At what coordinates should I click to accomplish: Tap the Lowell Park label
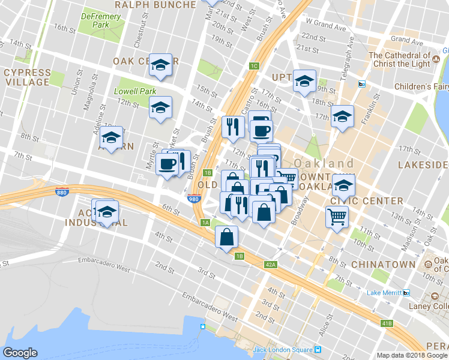click(135, 92)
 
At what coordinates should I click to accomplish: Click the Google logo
click(20, 353)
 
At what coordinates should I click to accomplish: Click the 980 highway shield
click(193, 199)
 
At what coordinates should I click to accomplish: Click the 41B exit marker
click(387, 323)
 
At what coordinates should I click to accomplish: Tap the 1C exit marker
click(254, 66)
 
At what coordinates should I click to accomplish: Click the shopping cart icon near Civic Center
click(337, 216)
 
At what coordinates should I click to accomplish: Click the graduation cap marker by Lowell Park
click(160, 107)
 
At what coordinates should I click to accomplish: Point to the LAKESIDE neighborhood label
click(424, 164)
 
